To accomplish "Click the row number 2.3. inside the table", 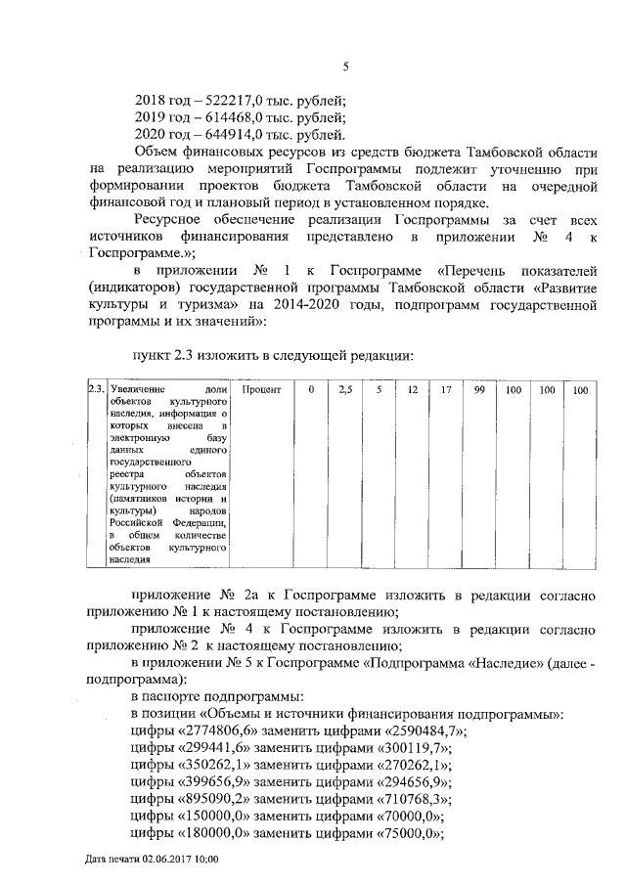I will click(96, 389).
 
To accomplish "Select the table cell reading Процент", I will click(261, 389).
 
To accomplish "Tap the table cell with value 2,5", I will click(343, 389).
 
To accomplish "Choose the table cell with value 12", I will click(412, 389).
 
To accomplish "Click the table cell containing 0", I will click(311, 389).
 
